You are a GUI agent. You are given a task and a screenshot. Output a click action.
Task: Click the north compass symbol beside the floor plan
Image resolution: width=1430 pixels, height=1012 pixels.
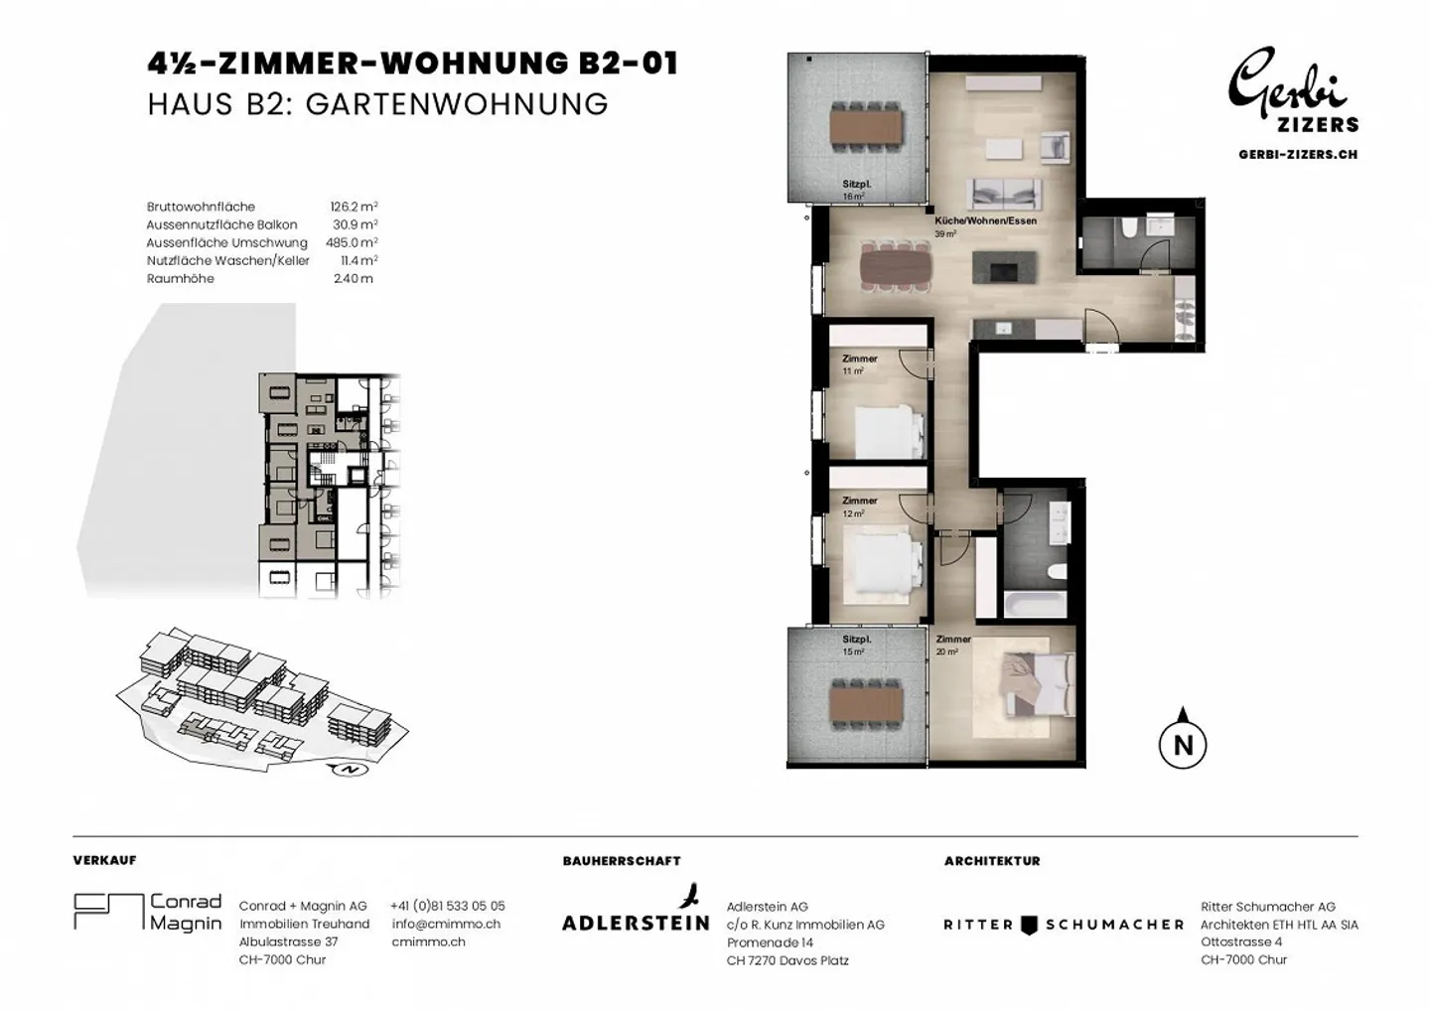pos(1183,744)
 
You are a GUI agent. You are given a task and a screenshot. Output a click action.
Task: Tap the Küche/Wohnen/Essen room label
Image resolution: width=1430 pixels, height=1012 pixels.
pos(986,220)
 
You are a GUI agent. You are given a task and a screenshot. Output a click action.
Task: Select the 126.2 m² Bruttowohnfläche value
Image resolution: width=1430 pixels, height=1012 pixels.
pos(354,207)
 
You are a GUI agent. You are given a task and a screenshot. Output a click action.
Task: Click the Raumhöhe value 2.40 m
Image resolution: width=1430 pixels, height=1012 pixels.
pos(354,278)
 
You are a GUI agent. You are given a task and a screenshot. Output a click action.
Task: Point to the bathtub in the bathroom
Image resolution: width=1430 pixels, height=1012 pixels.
pos(1035,605)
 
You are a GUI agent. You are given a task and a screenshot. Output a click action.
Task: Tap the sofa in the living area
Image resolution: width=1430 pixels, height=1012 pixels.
pos(1004,194)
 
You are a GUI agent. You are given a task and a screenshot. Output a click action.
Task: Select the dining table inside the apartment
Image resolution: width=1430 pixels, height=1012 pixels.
pos(895,265)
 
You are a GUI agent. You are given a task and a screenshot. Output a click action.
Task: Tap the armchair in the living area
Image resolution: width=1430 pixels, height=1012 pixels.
pos(1055,146)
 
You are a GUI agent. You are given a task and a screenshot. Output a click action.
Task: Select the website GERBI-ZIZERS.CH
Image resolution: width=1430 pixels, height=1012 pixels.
pos(1298,155)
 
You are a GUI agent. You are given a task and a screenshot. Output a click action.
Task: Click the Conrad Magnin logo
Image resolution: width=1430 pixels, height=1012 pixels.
pos(147,912)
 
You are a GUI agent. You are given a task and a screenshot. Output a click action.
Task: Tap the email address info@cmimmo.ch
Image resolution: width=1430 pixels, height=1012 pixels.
pos(446,924)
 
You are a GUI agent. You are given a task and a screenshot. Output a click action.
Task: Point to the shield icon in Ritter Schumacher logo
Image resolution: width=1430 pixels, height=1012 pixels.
pos(1029,926)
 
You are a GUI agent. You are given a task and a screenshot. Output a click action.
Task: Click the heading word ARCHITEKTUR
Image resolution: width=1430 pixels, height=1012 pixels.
pos(992,861)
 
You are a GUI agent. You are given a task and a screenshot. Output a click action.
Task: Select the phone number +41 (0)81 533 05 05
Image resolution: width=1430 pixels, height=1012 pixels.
pos(448,906)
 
